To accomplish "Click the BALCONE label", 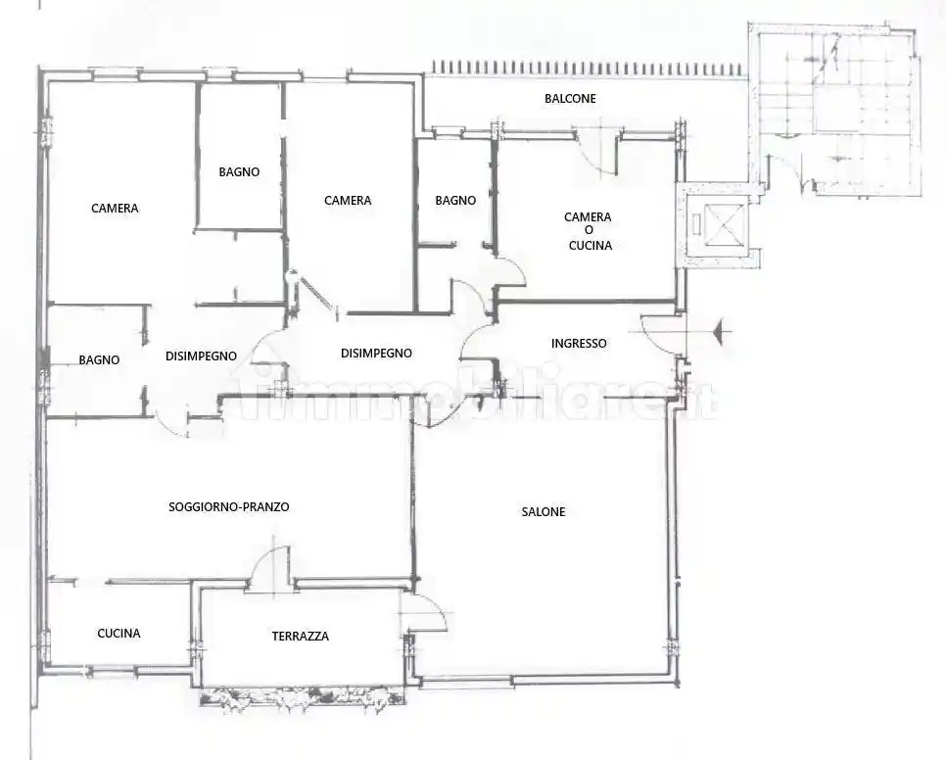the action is [x=570, y=98].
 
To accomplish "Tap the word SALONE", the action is [x=544, y=512].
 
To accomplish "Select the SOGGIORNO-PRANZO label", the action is [x=228, y=507].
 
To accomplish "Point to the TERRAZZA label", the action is [x=301, y=637].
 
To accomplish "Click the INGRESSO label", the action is [x=579, y=344].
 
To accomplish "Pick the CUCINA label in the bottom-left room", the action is [x=118, y=634].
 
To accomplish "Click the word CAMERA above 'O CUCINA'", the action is [x=588, y=217].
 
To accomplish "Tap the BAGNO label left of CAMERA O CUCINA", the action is [x=455, y=200].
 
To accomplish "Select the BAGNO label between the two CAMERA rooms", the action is [x=240, y=172].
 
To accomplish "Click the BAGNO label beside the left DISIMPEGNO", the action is [x=99, y=360].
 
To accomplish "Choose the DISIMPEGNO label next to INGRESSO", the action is [x=376, y=354].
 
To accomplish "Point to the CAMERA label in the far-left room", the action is [x=115, y=208].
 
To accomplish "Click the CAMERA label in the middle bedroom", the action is [x=348, y=200].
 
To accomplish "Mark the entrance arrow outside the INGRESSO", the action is [x=722, y=331].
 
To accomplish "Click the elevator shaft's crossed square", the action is [x=722, y=224].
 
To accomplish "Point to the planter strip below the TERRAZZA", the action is [x=303, y=697].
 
